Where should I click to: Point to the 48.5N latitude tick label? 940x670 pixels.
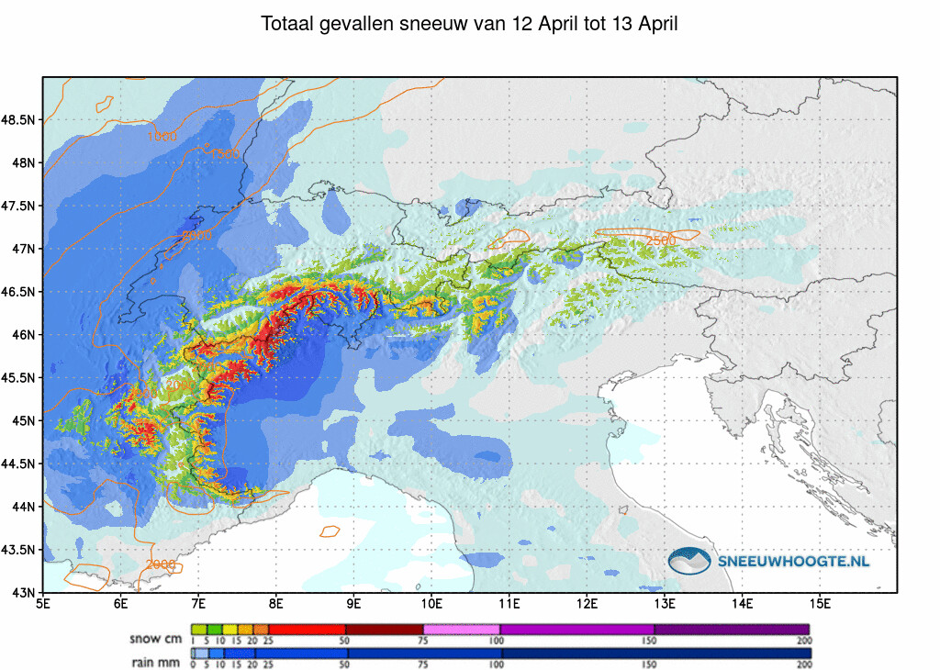pos(19,120)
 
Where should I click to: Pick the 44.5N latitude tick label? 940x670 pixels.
pos(19,464)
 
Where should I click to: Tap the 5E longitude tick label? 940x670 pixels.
pos(43,604)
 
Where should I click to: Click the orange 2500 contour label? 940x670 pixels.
pos(661,240)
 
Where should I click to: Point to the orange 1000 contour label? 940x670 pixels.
pos(162,138)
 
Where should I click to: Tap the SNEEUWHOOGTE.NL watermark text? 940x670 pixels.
pos(793,561)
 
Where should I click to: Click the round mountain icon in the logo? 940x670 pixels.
pos(690,561)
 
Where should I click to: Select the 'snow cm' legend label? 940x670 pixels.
pos(156,638)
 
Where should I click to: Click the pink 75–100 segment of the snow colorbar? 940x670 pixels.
pos(462,630)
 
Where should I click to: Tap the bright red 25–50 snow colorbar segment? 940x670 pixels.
pos(307,630)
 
